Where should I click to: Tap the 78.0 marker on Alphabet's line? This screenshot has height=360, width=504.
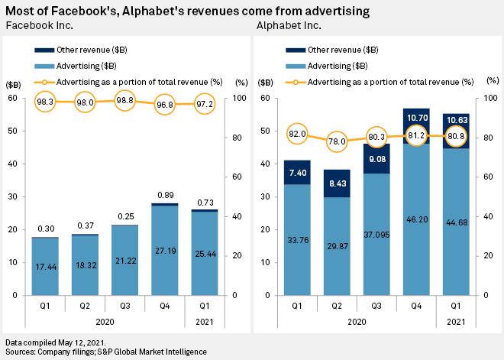click(x=337, y=141)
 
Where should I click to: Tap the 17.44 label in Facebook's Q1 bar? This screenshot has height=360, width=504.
click(x=45, y=268)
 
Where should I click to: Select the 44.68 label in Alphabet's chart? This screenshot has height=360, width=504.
click(x=457, y=223)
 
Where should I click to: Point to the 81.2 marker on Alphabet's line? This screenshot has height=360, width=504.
click(x=417, y=135)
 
